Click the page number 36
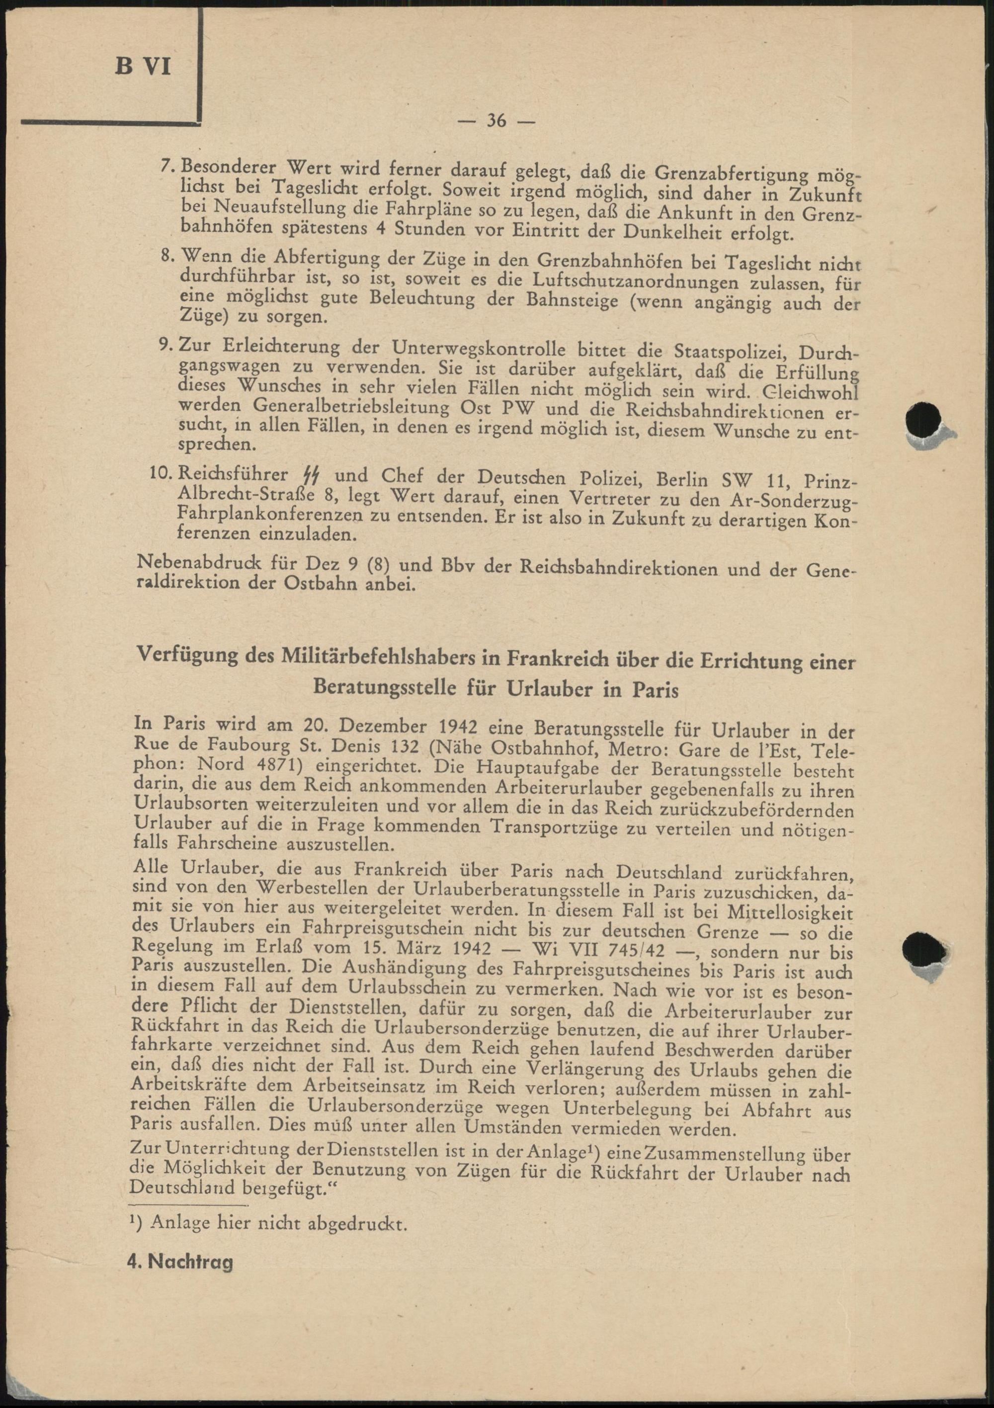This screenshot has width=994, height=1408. click(497, 121)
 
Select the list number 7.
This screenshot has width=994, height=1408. click(166, 167)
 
